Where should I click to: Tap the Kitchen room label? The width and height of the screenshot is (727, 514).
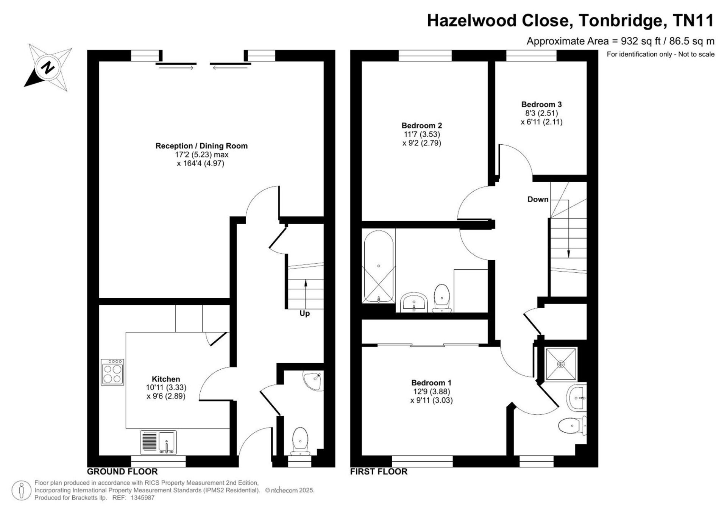pos(166,379)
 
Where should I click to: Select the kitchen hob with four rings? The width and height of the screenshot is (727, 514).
pos(112,372)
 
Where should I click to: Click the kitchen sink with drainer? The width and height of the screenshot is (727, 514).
pos(159,442)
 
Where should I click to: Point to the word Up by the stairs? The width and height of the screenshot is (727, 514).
pos(304,314)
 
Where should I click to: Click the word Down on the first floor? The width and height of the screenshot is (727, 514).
pos(538,199)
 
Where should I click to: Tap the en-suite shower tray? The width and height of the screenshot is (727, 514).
pos(561,364)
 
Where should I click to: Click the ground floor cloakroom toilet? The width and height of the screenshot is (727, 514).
pos(301,442)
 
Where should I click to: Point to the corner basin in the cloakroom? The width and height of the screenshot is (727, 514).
pos(313,381)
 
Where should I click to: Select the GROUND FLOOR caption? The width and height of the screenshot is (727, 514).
pos(122,472)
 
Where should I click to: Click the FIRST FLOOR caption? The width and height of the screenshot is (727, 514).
pos(379,472)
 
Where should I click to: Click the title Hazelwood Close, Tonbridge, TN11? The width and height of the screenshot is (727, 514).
pos(571,20)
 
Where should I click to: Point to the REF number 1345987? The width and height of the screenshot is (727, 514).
pos(142,498)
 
